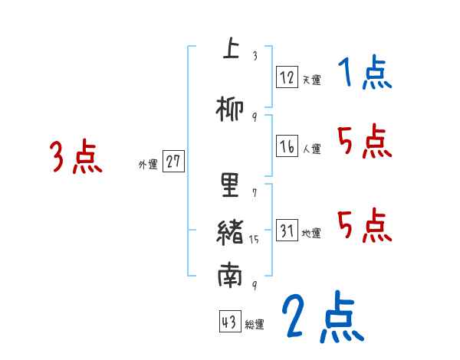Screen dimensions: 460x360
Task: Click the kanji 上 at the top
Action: tap(229, 49)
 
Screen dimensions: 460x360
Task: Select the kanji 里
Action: tap(230, 185)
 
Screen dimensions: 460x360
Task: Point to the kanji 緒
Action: tap(230, 231)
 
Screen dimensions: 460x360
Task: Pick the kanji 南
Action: tap(230, 277)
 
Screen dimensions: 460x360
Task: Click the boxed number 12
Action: tap(287, 77)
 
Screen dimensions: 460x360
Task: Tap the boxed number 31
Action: tap(287, 231)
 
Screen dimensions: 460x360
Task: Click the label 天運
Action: tap(311, 79)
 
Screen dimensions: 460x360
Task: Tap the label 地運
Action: tap(311, 233)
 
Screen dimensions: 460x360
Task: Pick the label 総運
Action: tap(255, 325)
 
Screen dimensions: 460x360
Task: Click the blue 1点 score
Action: tap(364, 74)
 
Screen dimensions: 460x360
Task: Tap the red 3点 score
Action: tap(75, 157)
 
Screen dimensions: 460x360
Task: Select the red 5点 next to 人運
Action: tap(364, 142)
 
